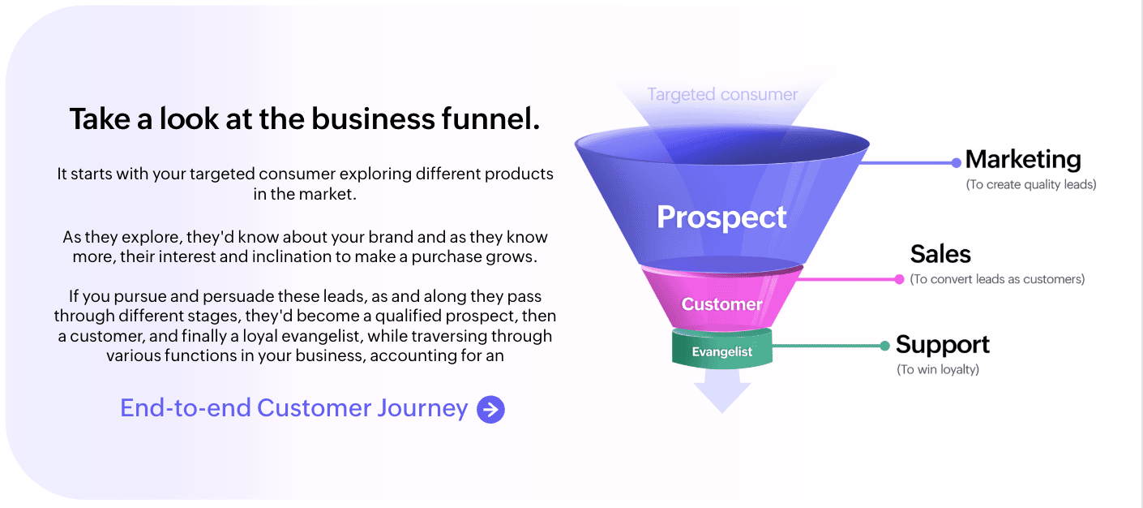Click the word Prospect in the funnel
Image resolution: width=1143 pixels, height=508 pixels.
[x=721, y=218]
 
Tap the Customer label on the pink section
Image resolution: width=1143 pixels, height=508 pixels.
[x=721, y=304]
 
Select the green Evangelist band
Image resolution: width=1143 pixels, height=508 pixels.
[x=721, y=349]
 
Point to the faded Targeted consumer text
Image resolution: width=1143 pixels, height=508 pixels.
[x=722, y=95]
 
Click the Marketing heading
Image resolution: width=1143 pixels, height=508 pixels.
[x=1023, y=159]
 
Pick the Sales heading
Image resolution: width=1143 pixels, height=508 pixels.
[x=940, y=254]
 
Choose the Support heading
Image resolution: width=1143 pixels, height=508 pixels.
[x=943, y=345]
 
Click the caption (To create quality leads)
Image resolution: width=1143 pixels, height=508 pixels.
[x=1031, y=184]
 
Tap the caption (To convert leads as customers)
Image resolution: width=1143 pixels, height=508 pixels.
[x=997, y=279]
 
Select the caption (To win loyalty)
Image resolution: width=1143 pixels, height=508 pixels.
[x=938, y=369]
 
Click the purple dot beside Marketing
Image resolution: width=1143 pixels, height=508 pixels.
[x=957, y=163]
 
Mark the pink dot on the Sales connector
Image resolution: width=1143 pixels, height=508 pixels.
[x=899, y=279]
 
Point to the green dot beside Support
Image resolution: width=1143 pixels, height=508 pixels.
[x=884, y=346]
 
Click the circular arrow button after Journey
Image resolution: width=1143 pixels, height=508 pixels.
[x=491, y=409]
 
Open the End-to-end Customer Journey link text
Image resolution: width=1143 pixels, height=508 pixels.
[x=294, y=408]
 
